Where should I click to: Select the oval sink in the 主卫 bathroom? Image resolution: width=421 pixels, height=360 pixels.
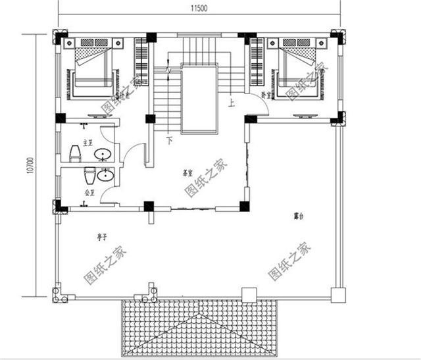pos(102,155)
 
